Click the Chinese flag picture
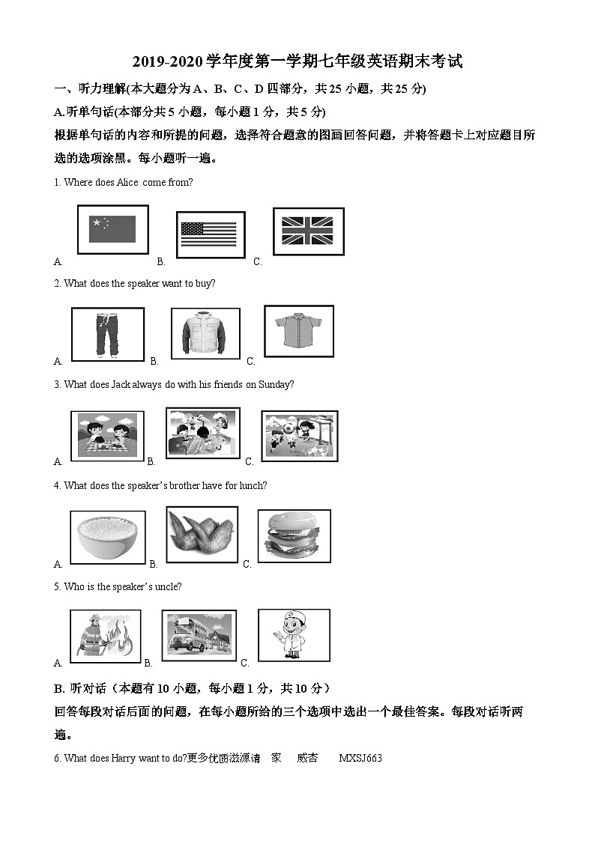(x=112, y=229)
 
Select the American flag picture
(x=210, y=234)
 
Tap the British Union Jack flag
(x=307, y=231)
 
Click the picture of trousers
(x=107, y=335)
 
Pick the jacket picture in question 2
(x=205, y=333)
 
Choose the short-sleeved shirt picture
(x=298, y=331)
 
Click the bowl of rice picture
(x=107, y=537)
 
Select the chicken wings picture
(x=202, y=535)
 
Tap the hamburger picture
(x=294, y=535)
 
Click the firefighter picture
(x=106, y=636)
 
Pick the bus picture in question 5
(x=199, y=635)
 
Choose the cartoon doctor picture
(x=294, y=634)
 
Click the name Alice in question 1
(x=127, y=183)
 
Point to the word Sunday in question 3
(x=274, y=385)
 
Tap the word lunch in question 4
(x=251, y=486)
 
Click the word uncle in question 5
(x=168, y=587)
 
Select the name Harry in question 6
(x=124, y=758)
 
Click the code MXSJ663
(x=360, y=758)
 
